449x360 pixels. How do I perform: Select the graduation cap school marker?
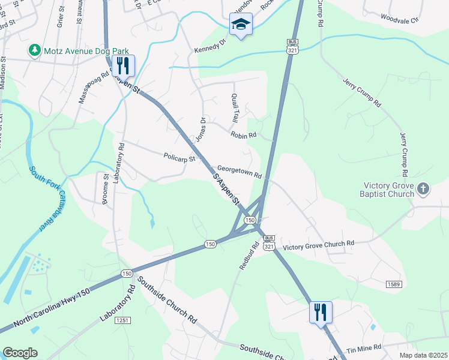241,25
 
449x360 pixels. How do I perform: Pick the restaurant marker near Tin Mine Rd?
321,311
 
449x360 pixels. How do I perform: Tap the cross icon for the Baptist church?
423,190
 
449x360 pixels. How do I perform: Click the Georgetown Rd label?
240,172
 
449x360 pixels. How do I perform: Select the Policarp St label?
179,158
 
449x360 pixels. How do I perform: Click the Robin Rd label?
243,135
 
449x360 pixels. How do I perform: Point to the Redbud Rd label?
246,255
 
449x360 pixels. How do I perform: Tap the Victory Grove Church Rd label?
318,245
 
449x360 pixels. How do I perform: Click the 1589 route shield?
393,284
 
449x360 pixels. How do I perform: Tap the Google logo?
20,353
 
